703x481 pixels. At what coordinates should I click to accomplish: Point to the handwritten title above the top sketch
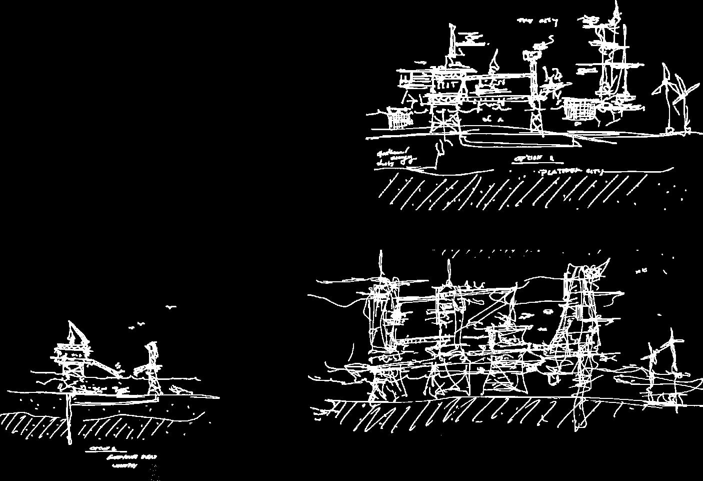coord(537,21)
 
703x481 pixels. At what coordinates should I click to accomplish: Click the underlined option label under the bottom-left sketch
coord(100,448)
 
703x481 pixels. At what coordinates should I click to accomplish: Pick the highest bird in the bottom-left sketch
coord(171,307)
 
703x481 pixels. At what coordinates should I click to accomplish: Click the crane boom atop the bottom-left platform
coord(75,332)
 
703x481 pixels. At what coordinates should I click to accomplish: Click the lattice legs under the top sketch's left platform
coord(442,120)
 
